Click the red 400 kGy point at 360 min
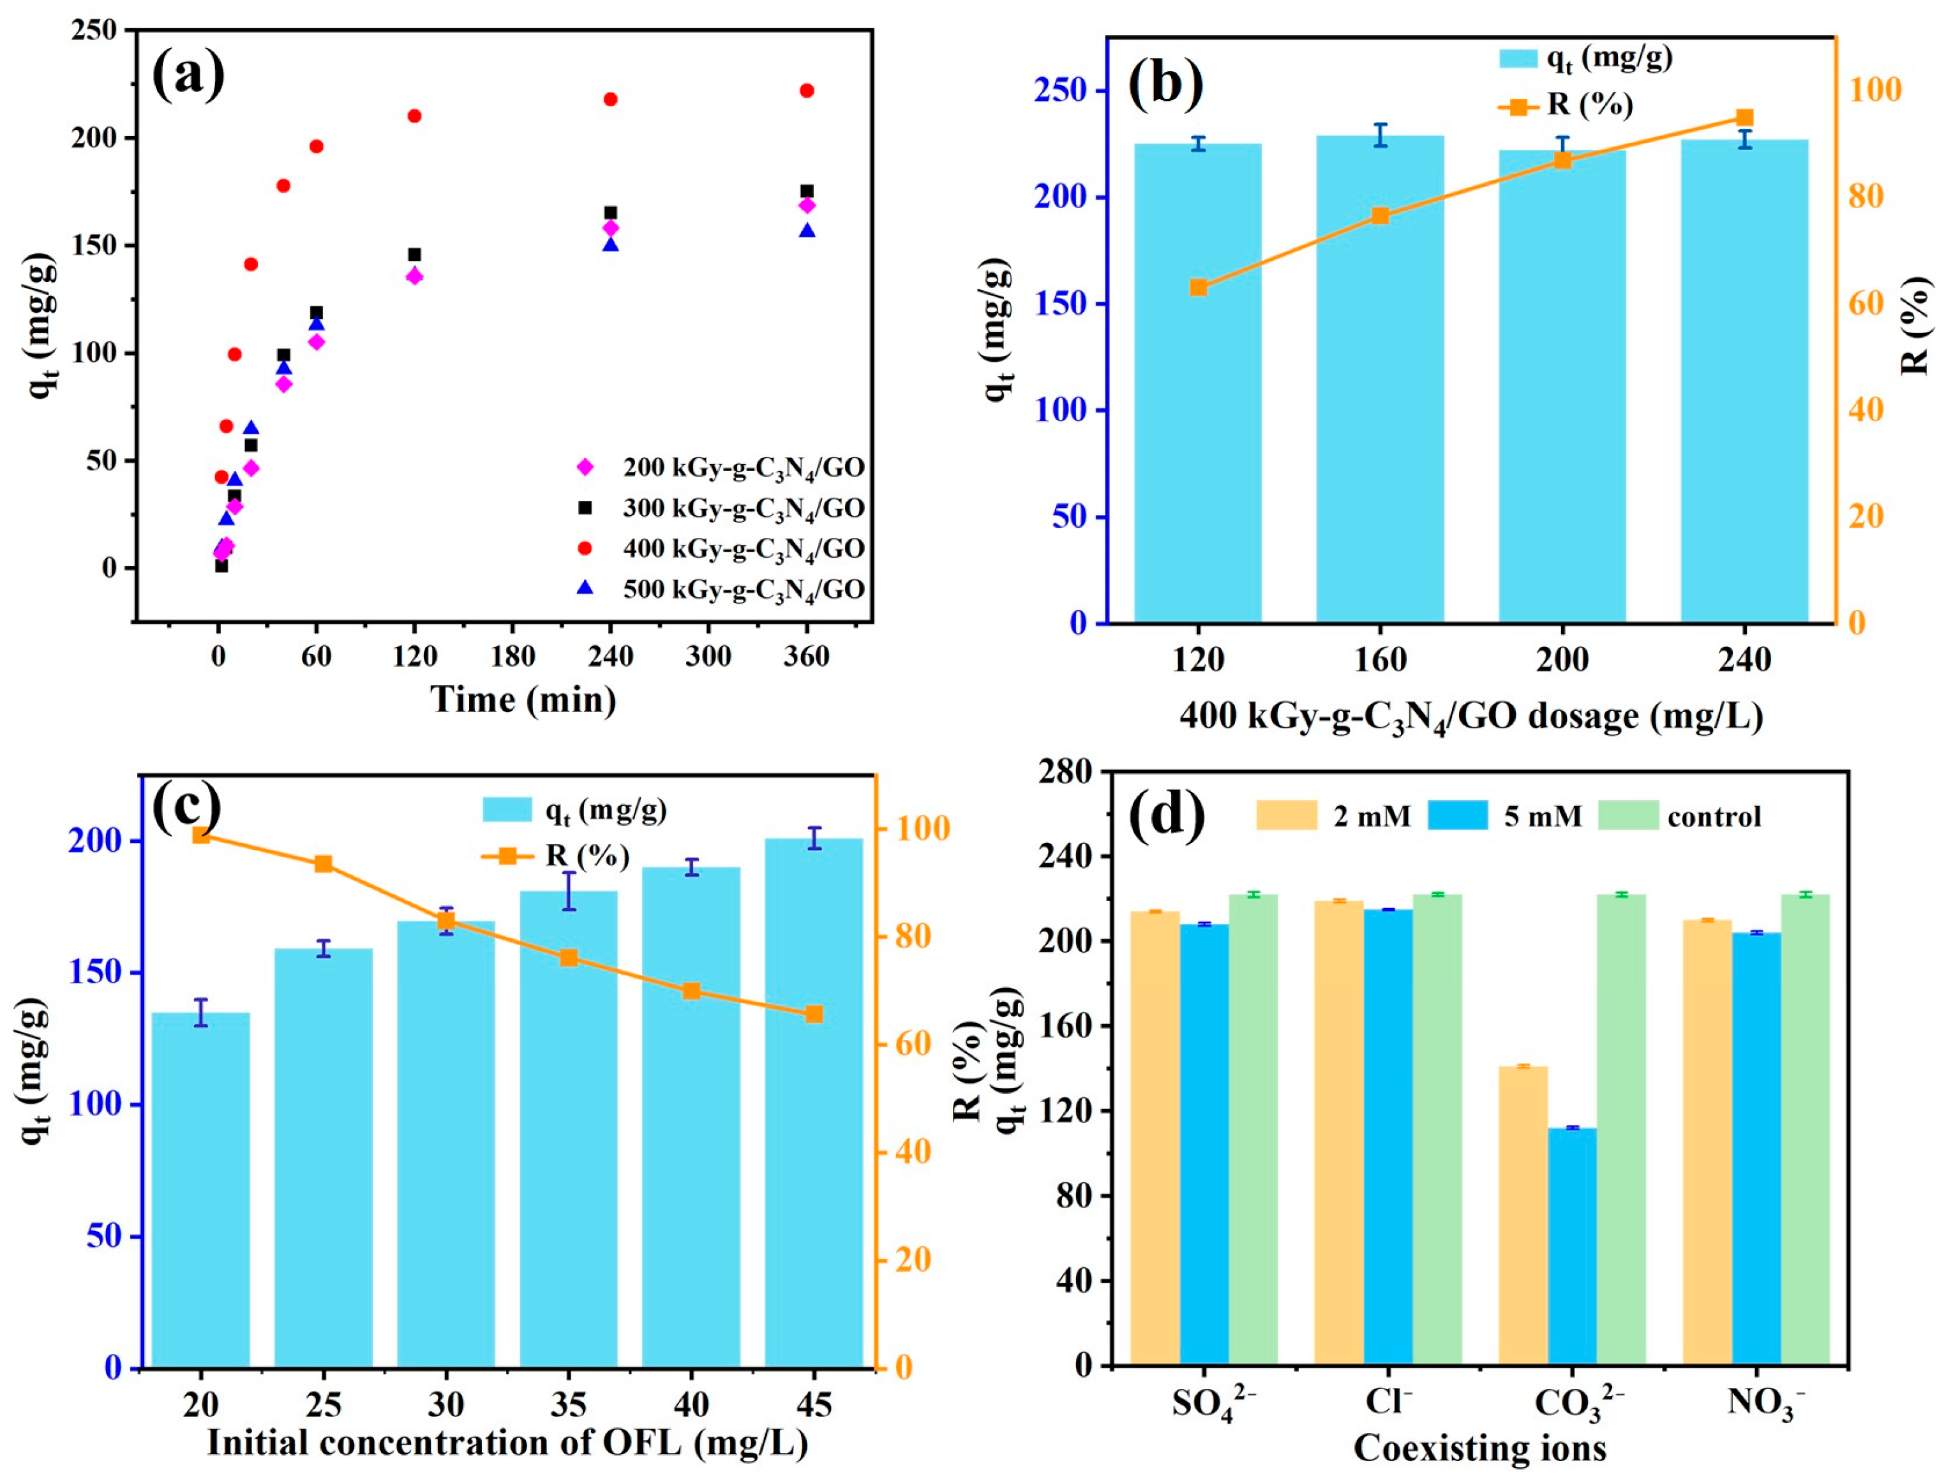[x=806, y=91]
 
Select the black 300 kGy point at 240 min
[x=610, y=213]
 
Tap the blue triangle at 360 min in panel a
[x=806, y=231]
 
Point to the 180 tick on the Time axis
[x=513, y=657]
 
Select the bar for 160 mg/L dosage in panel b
[x=1380, y=379]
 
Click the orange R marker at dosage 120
[x=1198, y=287]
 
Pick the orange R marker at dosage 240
[x=1744, y=118]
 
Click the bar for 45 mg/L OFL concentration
[x=813, y=1102]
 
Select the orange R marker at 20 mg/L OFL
[x=201, y=835]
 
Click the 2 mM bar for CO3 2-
[x=1523, y=1217]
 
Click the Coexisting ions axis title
[x=1479, y=1448]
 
